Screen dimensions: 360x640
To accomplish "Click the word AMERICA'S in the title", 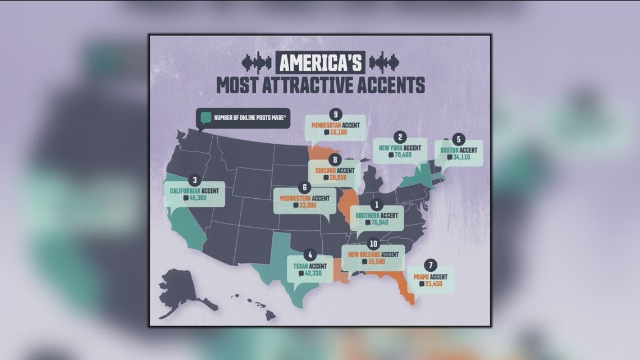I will pyautogui.click(x=319, y=62).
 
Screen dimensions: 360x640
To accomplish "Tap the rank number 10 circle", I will pyautogui.click(x=373, y=244).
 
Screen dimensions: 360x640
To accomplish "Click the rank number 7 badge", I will pyautogui.click(x=431, y=265).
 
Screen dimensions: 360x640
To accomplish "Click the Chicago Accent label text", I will pyautogui.click(x=335, y=170).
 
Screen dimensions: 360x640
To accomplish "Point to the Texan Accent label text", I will pyautogui.click(x=309, y=266).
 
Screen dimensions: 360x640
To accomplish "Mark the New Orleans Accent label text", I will pyautogui.click(x=373, y=254).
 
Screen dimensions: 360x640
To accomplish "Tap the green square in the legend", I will pyautogui.click(x=205, y=118).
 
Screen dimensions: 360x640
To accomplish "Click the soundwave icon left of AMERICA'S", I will pyautogui.click(x=256, y=61).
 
